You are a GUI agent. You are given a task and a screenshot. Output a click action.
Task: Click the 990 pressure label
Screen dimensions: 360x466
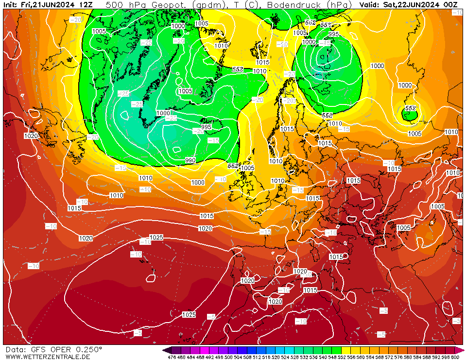click(190, 160)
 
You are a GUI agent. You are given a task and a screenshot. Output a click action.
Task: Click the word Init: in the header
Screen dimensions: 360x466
click(11, 5)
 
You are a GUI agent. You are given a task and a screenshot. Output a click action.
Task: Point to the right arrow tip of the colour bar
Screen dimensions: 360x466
click(463, 350)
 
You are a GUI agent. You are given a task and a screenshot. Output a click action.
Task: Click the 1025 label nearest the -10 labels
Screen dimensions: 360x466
click(156, 238)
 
